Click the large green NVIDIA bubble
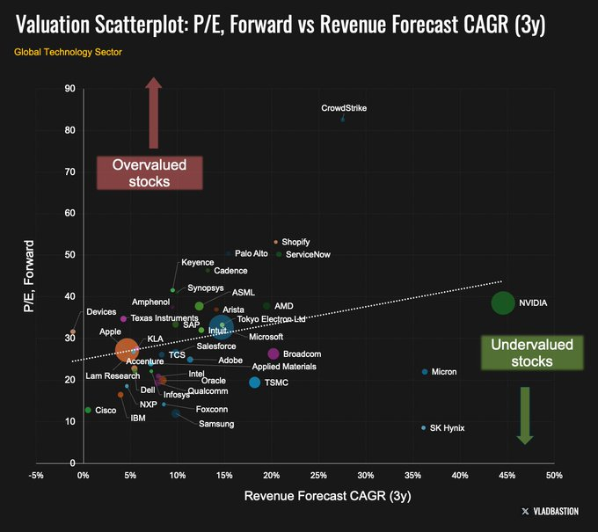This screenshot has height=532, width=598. point(502,303)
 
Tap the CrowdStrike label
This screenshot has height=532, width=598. point(343,108)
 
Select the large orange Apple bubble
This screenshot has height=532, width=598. point(128,350)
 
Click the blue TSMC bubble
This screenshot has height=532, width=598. point(255,383)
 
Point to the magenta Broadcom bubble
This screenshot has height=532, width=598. point(273,353)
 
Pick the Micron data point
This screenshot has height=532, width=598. point(425,372)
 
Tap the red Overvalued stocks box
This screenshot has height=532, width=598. point(149,173)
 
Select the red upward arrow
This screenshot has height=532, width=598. point(154,111)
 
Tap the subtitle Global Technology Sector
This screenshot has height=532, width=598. point(68,52)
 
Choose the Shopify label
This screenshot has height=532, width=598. point(295,242)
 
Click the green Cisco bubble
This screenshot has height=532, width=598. point(88,410)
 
